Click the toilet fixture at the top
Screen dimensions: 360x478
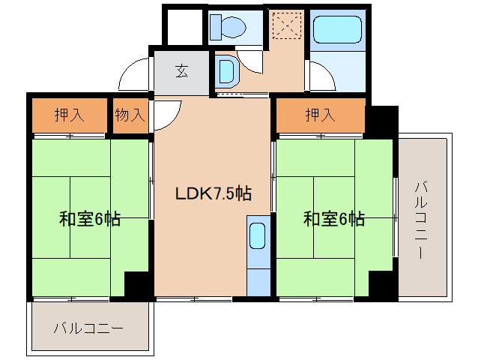tap(229, 28)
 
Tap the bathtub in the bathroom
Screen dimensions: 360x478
tap(336, 31)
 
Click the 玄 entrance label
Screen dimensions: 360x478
tap(182, 72)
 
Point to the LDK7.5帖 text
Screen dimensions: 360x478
tap(213, 193)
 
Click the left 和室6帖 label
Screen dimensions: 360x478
tap(90, 219)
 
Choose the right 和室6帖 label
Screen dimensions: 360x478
tap(334, 219)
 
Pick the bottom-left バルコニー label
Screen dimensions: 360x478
tap(88, 328)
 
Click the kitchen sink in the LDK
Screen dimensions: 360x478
tap(257, 236)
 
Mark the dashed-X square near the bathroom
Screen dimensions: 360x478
tap(285, 27)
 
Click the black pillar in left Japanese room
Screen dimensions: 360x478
tap(138, 285)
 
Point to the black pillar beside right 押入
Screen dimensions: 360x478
tap(381, 120)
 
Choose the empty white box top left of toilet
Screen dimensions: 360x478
tap(183, 27)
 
